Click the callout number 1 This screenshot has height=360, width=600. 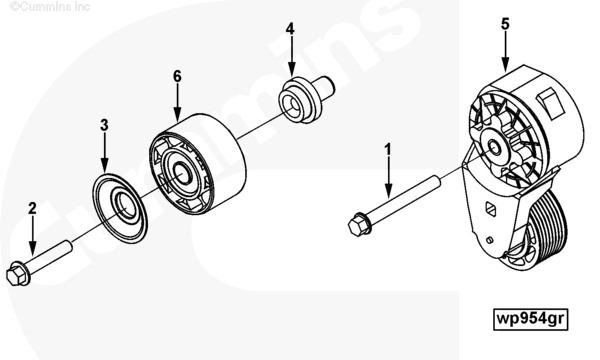pyautogui.click(x=388, y=150)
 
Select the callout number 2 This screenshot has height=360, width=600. pyautogui.click(x=32, y=209)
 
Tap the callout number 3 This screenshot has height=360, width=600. pyautogui.click(x=104, y=125)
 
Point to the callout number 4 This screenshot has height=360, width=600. pyautogui.click(x=290, y=29)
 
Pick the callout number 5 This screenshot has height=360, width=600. pyautogui.click(x=505, y=24)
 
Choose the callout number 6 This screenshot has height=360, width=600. pyautogui.click(x=177, y=77)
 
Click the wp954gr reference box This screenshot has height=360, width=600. pyautogui.click(x=531, y=319)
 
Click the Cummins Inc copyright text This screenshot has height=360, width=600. pyautogui.click(x=50, y=6)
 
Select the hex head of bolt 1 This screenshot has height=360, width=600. pyautogui.click(x=359, y=225)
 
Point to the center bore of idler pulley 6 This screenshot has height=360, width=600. pyautogui.click(x=183, y=174)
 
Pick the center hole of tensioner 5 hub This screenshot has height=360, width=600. pyautogui.click(x=495, y=147)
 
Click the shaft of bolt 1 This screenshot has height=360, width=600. pyautogui.click(x=403, y=199)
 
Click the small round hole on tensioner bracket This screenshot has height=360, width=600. pyautogui.click(x=489, y=240)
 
